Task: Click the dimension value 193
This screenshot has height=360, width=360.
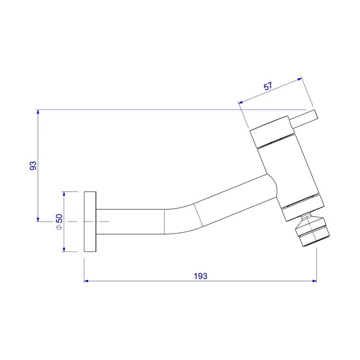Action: click(x=200, y=276)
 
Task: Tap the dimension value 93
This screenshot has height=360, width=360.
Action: click(x=33, y=166)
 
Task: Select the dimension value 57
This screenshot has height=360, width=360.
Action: click(x=268, y=86)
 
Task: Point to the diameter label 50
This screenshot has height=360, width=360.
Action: click(x=59, y=219)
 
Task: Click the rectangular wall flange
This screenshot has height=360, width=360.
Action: click(x=90, y=222)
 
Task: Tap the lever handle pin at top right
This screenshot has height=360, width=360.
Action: click(x=304, y=119)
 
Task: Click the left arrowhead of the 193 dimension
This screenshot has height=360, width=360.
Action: click(x=86, y=281)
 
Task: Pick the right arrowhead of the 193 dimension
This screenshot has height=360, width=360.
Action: click(x=314, y=281)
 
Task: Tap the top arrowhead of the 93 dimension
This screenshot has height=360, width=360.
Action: click(x=38, y=112)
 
